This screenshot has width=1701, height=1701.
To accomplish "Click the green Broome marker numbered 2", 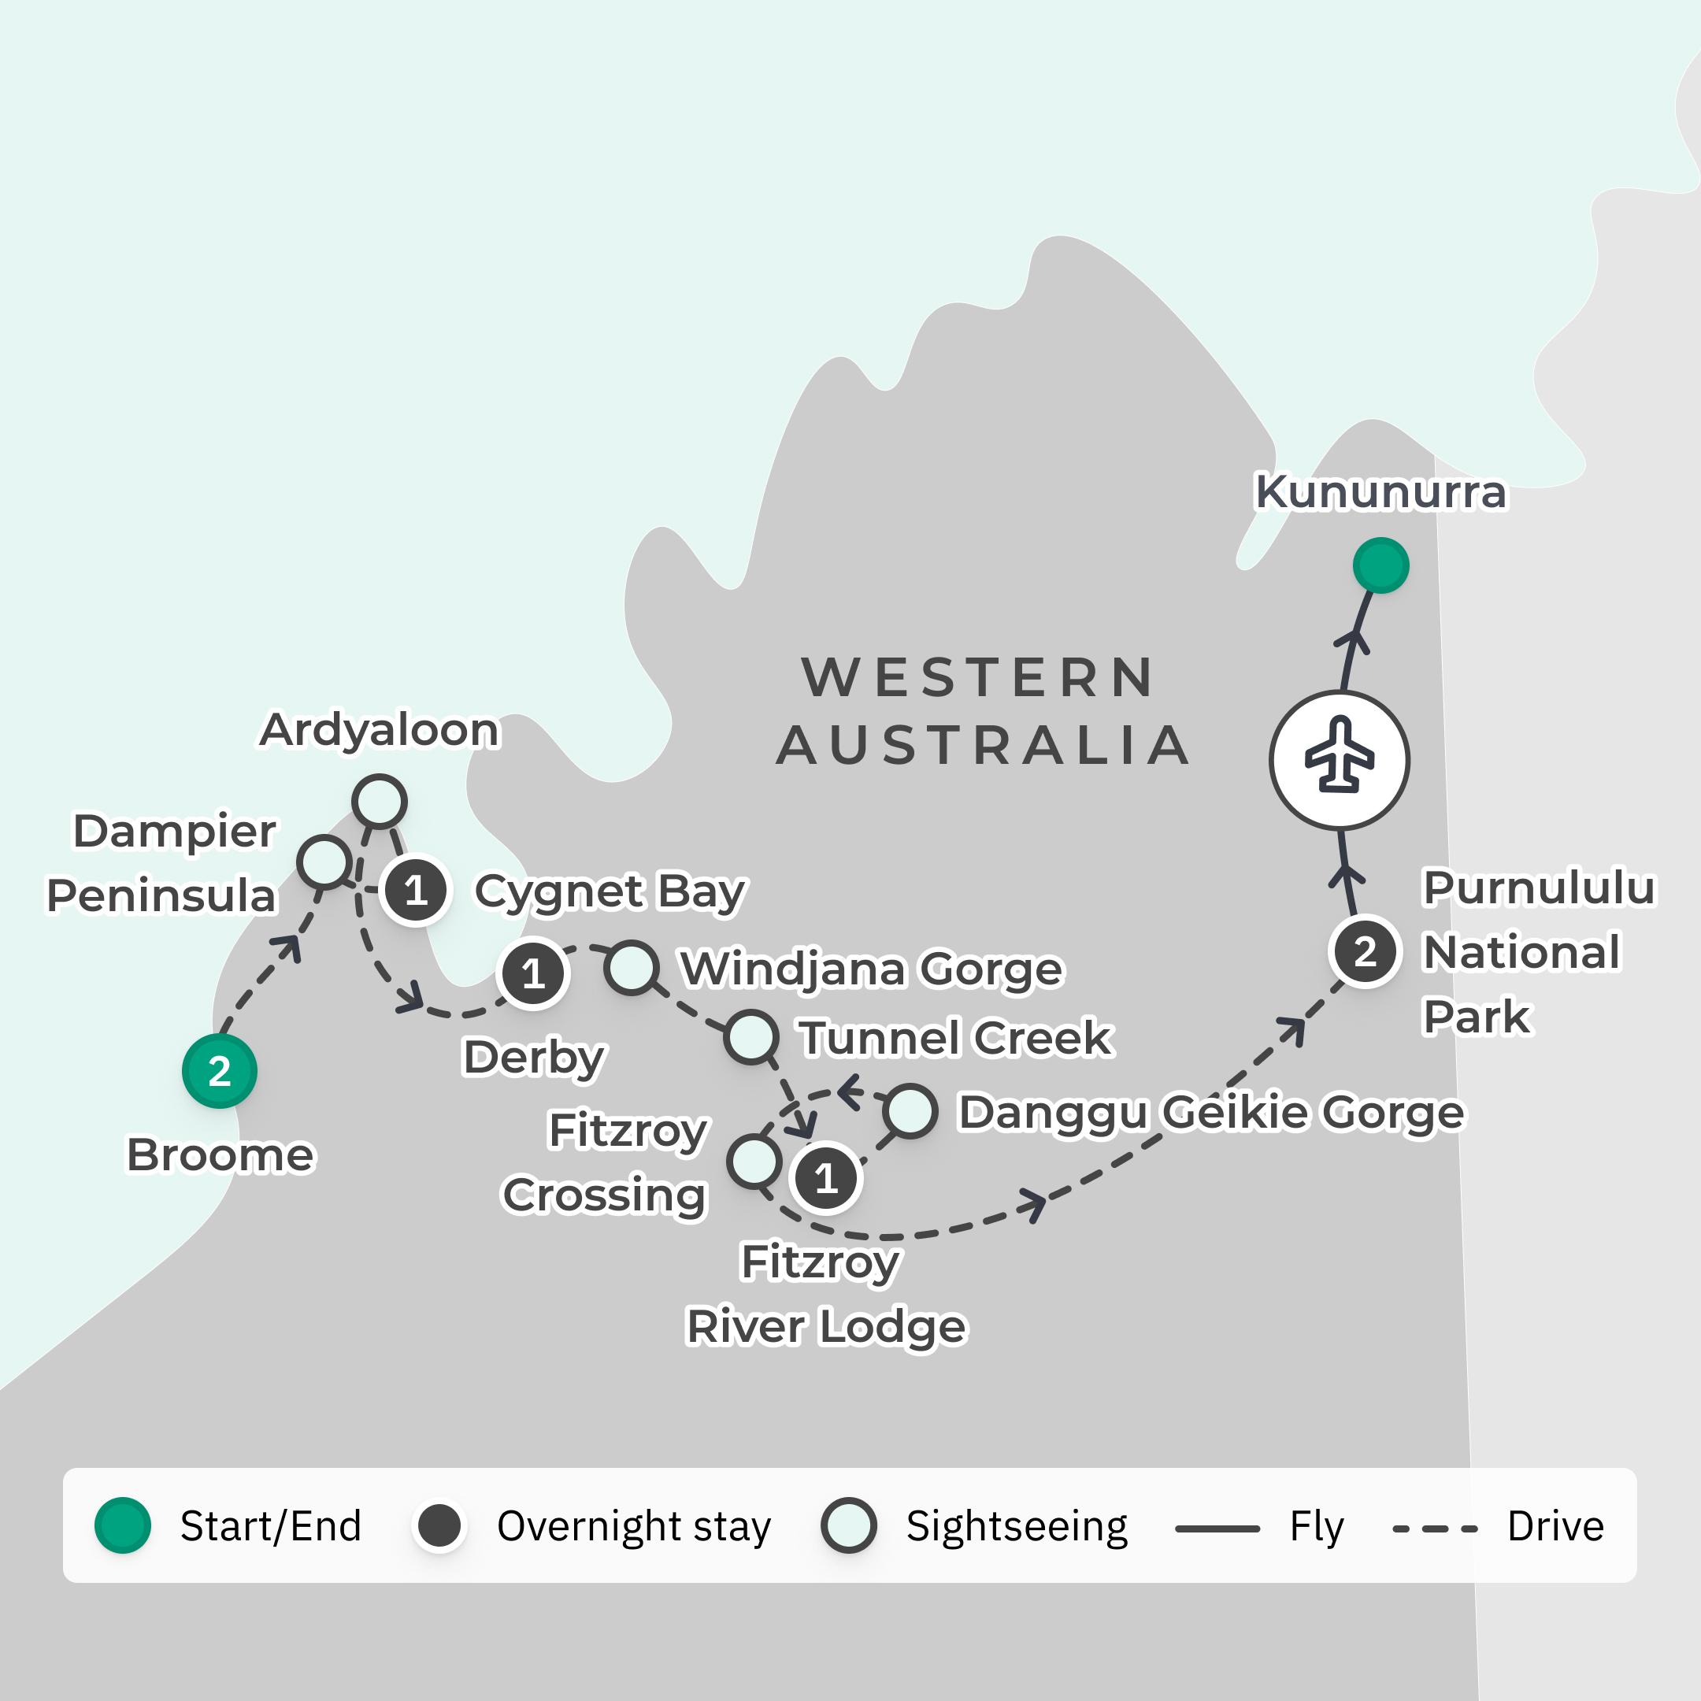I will (x=219, y=1072).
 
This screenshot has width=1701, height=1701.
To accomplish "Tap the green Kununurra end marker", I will (x=1380, y=565).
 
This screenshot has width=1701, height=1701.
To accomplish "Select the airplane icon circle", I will (x=1339, y=760).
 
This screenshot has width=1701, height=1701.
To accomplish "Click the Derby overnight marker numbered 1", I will (x=532, y=974).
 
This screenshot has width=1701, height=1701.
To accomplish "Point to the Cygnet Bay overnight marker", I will (x=416, y=891).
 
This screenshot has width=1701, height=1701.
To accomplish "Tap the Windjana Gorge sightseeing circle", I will (x=632, y=968).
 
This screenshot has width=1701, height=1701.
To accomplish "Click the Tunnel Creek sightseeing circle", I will (x=750, y=1036).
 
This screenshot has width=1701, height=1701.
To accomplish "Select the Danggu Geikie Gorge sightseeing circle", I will (x=910, y=1111).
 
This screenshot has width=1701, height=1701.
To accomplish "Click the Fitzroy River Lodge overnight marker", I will (x=825, y=1178).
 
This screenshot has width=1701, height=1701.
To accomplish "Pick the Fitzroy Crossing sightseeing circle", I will (x=754, y=1162).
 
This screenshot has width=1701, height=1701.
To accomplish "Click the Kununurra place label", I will (x=1380, y=492).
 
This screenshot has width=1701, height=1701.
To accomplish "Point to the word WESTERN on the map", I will (x=977, y=677).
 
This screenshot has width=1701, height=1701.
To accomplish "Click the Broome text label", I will (x=220, y=1155).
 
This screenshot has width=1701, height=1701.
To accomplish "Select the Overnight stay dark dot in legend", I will (x=439, y=1526).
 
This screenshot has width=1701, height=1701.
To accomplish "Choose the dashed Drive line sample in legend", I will (x=1434, y=1529).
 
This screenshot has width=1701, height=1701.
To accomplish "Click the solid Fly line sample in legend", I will (x=1217, y=1529).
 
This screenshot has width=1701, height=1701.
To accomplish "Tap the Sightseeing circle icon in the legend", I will (x=848, y=1526).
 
